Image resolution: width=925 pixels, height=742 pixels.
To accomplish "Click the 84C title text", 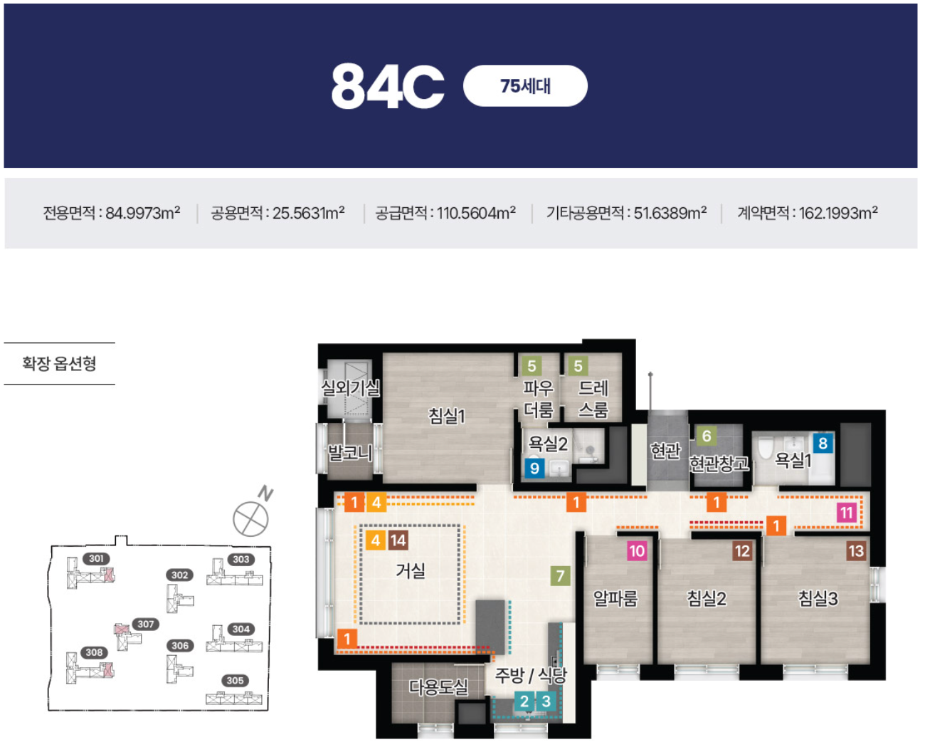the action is coord(388,85).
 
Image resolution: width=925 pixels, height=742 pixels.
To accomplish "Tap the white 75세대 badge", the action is coord(525,85).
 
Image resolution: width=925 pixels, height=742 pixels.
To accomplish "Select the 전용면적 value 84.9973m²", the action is coord(143,212).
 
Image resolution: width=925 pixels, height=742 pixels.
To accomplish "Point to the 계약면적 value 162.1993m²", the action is coord(837,212).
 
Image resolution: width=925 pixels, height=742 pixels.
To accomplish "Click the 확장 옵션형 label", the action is coord(59,363).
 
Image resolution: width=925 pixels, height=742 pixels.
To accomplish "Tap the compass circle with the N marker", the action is coord(250,518).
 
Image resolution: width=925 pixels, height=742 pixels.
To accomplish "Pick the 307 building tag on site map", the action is coord(146,624).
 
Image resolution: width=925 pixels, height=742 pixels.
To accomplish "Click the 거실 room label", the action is coord(411,571).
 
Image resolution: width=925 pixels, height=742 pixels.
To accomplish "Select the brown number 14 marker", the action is coord(398,540).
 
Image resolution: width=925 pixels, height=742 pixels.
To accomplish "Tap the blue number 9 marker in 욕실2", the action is coord(534,468).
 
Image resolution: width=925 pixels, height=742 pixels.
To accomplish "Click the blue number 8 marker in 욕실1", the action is coord(823,443).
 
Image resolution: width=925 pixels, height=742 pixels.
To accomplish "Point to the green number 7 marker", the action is coord(560,575).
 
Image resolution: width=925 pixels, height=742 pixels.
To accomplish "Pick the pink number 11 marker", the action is coord(846,513).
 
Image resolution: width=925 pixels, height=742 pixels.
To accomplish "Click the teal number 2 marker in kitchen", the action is coord(524,701).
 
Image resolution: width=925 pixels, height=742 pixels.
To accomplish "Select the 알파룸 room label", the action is coord(615,598).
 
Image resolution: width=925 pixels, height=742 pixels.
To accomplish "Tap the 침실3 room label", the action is coord(818,598).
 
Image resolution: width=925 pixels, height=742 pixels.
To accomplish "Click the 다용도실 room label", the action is coord(438,687).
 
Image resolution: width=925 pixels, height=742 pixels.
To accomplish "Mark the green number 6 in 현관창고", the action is coord(707,436).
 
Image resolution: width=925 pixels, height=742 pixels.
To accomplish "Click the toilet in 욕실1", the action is coord(765,449).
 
